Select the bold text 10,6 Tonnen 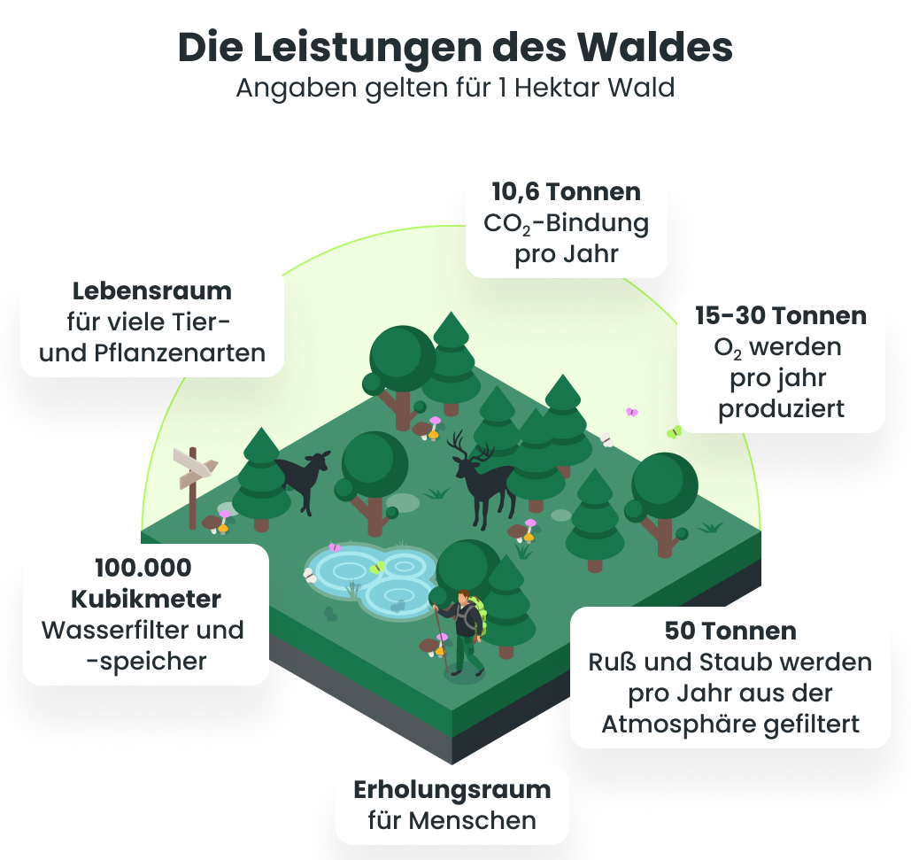coord(567,191)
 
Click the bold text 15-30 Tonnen coord(780,315)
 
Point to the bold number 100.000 coord(143,568)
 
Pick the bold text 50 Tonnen coord(730,631)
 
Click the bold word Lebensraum coord(151,291)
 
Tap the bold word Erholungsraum coord(452,789)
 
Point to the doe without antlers coord(304,479)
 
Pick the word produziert coord(780,408)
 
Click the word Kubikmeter coord(146,599)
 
